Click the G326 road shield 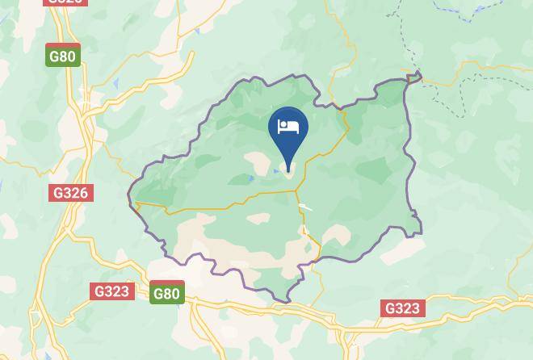coord(71,193)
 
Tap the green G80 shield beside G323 coord(166,294)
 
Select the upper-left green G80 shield coord(63,57)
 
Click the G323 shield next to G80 coord(111,291)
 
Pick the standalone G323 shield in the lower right coord(402,308)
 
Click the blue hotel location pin coord(288,134)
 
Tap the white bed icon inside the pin coord(288,127)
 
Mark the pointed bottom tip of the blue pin coord(288,171)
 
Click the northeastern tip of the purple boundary coord(418,76)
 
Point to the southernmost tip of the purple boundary coord(287,302)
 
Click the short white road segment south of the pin coord(305,207)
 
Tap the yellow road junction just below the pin coord(296,190)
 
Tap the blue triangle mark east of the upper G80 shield coord(117,84)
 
